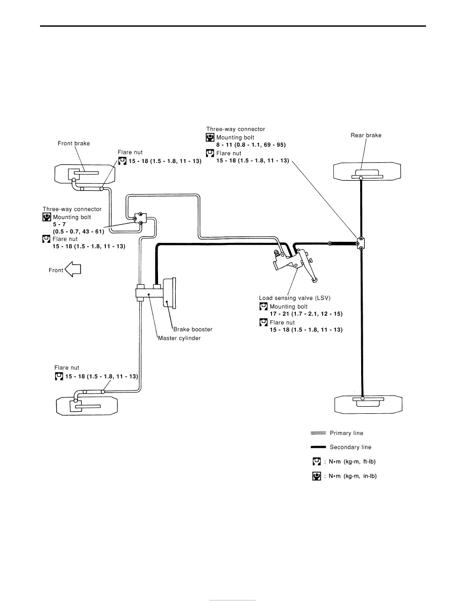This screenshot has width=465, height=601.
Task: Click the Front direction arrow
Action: coord(73,269)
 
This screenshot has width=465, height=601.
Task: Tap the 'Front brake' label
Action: coord(73,143)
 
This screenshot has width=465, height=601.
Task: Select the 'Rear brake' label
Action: coord(366,135)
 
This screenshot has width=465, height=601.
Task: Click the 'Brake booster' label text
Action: coord(192,329)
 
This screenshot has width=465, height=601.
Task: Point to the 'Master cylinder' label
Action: coord(179,338)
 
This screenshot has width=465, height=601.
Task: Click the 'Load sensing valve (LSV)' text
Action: coord(295,298)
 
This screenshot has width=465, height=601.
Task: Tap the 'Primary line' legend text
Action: coord(346,433)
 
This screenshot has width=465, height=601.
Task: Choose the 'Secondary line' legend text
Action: coord(351,447)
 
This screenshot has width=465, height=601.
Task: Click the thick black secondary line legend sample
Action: coord(318,447)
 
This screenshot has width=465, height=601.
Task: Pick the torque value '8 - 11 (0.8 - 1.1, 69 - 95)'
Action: coord(251,145)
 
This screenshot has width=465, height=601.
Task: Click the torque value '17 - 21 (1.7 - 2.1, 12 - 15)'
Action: coord(306,314)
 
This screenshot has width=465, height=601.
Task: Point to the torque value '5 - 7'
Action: coord(59,224)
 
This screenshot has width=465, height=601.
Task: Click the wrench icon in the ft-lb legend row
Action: coord(317,461)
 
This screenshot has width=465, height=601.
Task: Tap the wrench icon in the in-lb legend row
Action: coord(317,476)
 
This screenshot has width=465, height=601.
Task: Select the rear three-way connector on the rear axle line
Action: coord(360,243)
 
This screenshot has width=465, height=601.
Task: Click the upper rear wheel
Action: coord(367,171)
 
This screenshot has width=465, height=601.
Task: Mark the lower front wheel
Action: coord(87,406)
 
